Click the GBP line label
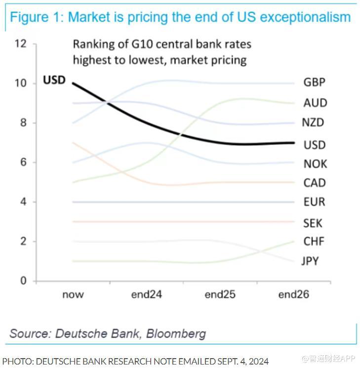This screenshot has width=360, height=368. [315, 82]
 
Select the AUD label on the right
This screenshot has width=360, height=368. [315, 103]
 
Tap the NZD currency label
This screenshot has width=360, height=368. [313, 123]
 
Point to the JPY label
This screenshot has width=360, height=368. [310, 261]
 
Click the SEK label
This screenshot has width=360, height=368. [313, 223]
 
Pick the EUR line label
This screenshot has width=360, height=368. [314, 202]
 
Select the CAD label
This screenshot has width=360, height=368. [315, 183]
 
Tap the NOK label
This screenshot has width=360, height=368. [315, 164]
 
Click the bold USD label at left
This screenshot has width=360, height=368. [54, 80]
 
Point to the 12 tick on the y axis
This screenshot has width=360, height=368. [20, 43]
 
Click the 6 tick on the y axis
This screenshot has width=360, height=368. [23, 163]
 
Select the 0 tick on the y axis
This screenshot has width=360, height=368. [23, 281]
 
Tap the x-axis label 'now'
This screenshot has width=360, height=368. [73, 295]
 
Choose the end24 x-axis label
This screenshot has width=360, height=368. [147, 295]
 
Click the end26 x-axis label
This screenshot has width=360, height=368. [293, 295]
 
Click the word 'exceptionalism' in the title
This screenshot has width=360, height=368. [305, 17]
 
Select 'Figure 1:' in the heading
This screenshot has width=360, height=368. [37, 17]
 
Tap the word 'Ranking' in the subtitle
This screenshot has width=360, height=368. [93, 44]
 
